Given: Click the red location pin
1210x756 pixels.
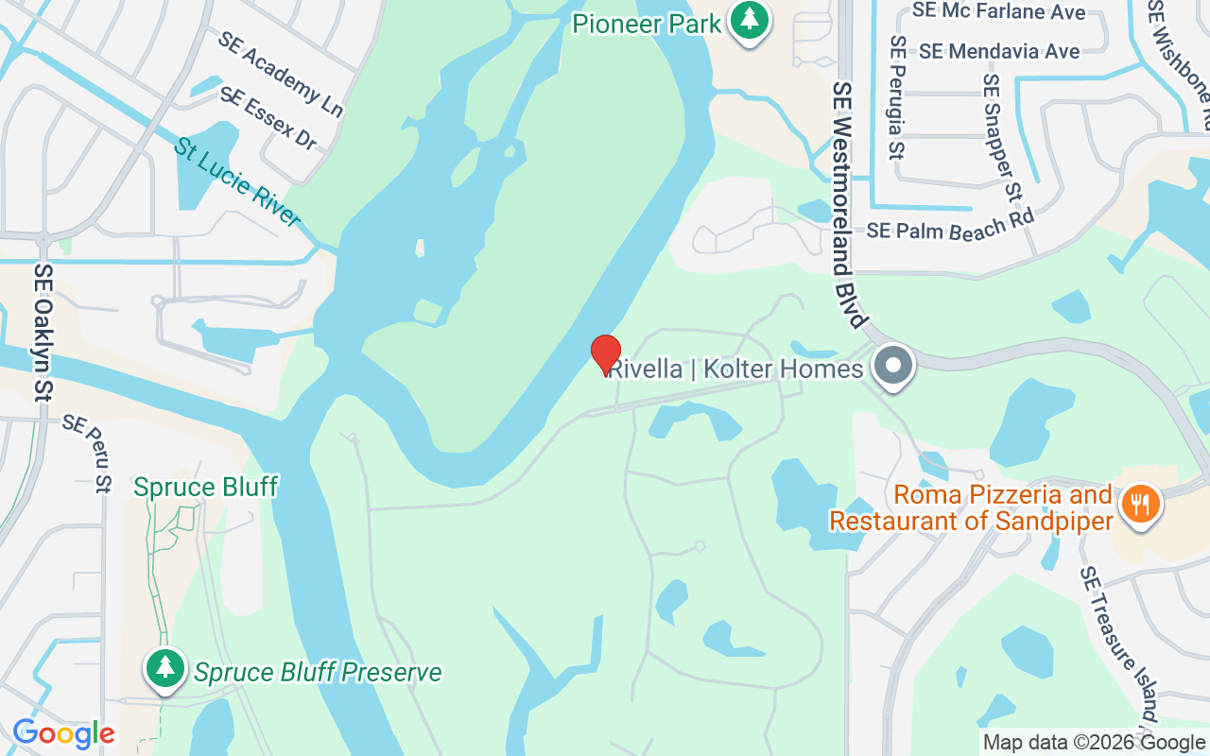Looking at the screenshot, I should [606, 354].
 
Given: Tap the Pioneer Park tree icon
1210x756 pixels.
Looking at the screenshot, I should [751, 20].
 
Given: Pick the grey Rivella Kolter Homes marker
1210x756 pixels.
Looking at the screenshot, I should [892, 366].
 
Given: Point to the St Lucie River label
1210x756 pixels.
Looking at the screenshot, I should [237, 182].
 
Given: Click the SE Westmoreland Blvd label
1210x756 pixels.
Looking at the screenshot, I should [849, 204].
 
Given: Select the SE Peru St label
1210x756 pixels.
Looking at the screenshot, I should [88, 454].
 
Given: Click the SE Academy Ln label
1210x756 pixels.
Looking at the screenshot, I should [280, 74].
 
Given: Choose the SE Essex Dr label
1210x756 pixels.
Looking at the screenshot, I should [269, 118].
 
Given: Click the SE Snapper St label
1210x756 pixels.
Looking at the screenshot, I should [1002, 138].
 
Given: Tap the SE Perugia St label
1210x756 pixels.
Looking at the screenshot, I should [898, 98].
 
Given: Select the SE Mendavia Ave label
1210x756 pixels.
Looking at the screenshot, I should [999, 51].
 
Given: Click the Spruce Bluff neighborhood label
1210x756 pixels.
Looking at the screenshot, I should [205, 488].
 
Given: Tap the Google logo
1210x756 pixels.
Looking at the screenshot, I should [63, 733].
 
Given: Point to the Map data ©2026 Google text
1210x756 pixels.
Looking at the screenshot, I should [1094, 743].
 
